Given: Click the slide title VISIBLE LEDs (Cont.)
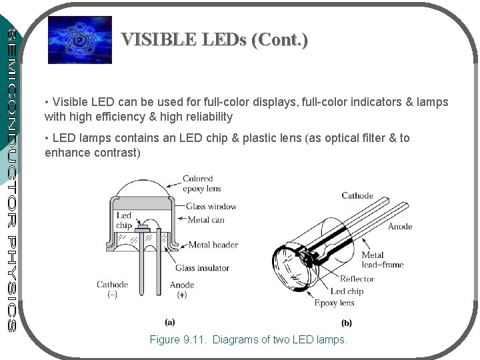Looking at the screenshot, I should (215, 40).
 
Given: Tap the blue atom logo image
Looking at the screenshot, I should (75, 39).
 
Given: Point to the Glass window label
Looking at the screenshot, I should (211, 206).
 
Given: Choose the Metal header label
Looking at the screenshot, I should (213, 245).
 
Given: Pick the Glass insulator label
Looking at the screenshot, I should (202, 268).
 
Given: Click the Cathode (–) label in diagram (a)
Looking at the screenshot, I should (112, 289).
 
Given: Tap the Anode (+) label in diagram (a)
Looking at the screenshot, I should (182, 289).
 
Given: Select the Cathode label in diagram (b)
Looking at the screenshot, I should (357, 195).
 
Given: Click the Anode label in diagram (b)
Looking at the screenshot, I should (400, 227).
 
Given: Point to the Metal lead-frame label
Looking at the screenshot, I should (382, 260).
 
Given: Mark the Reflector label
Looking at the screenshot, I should (357, 279).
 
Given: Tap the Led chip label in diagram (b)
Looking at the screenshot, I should (347, 291).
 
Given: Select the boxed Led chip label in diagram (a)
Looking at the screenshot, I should (125, 221).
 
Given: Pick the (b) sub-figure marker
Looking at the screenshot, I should (347, 323).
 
